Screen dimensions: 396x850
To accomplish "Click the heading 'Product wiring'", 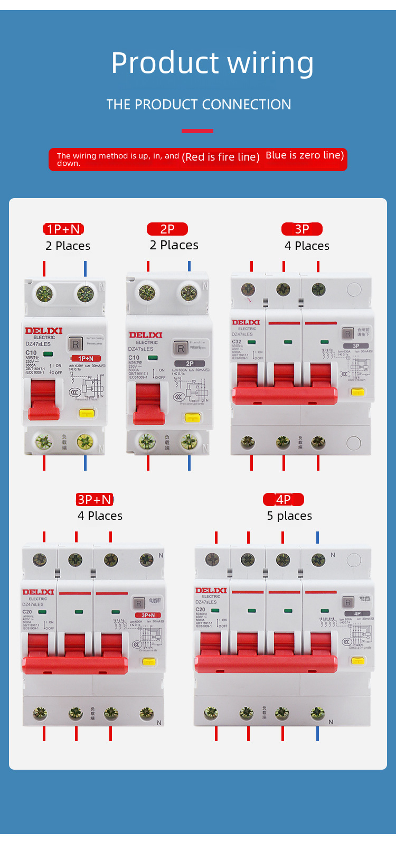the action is click(212, 63).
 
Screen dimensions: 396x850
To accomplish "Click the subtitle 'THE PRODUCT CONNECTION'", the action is click(199, 105).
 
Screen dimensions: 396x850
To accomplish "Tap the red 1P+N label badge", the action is click(63, 229).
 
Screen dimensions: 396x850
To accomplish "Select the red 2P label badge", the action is click(167, 229).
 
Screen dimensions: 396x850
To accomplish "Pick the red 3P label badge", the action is click(302, 229).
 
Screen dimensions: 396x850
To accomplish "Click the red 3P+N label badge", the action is click(95, 500).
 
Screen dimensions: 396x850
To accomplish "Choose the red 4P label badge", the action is click(284, 500).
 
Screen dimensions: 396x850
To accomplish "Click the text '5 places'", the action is click(289, 516).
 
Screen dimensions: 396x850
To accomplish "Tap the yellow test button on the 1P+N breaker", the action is click(87, 413).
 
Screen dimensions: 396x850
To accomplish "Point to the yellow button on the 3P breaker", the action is click(358, 392).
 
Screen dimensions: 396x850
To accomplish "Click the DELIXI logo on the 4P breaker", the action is click(211, 591).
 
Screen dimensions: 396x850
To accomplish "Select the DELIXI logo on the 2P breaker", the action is click(146, 335).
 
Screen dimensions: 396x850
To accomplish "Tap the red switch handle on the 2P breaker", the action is click(148, 405).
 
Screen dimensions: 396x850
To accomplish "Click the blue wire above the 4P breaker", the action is click(317, 538).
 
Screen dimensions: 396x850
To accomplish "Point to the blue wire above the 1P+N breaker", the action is click(85, 268).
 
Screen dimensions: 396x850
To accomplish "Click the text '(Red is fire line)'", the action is click(221, 157).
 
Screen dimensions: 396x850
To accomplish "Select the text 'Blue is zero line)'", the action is click(305, 155).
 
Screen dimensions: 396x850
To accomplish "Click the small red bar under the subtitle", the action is click(197, 130).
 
